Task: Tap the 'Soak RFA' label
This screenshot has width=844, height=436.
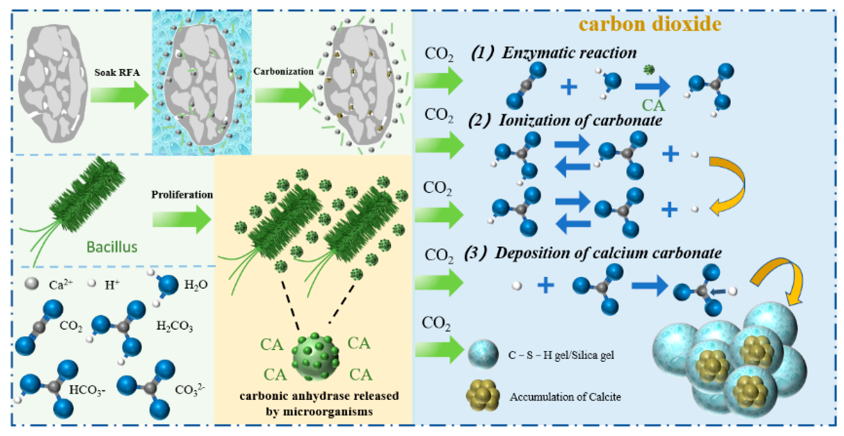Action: click(117, 73)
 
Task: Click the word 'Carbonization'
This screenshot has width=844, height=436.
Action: click(283, 72)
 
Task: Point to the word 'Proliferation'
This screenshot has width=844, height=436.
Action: click(182, 195)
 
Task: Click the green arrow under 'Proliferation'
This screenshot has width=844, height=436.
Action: click(182, 219)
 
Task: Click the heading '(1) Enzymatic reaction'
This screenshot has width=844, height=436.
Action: click(554, 53)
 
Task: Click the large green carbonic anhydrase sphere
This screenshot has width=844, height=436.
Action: click(315, 356)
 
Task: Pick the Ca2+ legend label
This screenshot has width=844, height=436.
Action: click(60, 284)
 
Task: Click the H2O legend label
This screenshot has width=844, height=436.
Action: click(196, 284)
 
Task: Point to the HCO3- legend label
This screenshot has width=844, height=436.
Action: click(87, 390)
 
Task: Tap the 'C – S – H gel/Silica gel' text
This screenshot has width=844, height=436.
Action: click(561, 355)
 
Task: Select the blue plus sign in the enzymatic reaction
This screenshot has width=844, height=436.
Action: click(569, 87)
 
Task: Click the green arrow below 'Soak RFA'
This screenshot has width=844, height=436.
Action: click(120, 95)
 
